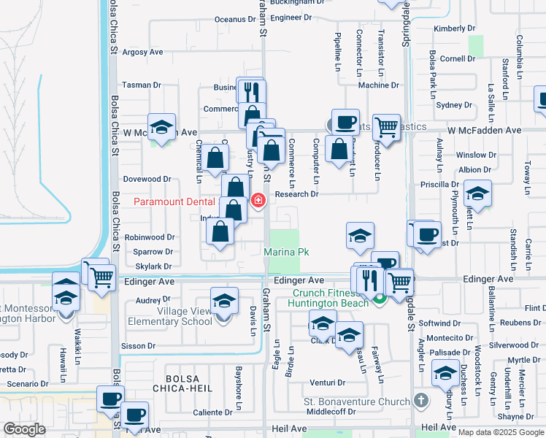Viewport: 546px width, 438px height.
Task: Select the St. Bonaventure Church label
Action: [x=357, y=401]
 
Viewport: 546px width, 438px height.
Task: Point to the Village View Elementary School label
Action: [x=169, y=316]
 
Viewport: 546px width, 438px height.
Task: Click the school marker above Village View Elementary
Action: [x=224, y=301]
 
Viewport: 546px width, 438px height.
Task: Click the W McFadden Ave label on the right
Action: [x=485, y=130]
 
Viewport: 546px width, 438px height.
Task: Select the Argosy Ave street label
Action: [x=142, y=53]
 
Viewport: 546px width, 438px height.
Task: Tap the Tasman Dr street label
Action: [x=142, y=85]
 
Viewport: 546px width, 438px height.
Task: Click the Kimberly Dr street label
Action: [x=454, y=28]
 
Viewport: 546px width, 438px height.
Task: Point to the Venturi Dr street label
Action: [x=327, y=383]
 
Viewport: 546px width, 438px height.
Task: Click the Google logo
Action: [x=24, y=429]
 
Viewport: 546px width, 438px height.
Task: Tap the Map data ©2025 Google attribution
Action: [x=501, y=432]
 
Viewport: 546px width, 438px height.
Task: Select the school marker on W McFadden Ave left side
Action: [x=162, y=127]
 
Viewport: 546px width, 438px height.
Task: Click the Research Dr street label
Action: [x=297, y=194]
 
